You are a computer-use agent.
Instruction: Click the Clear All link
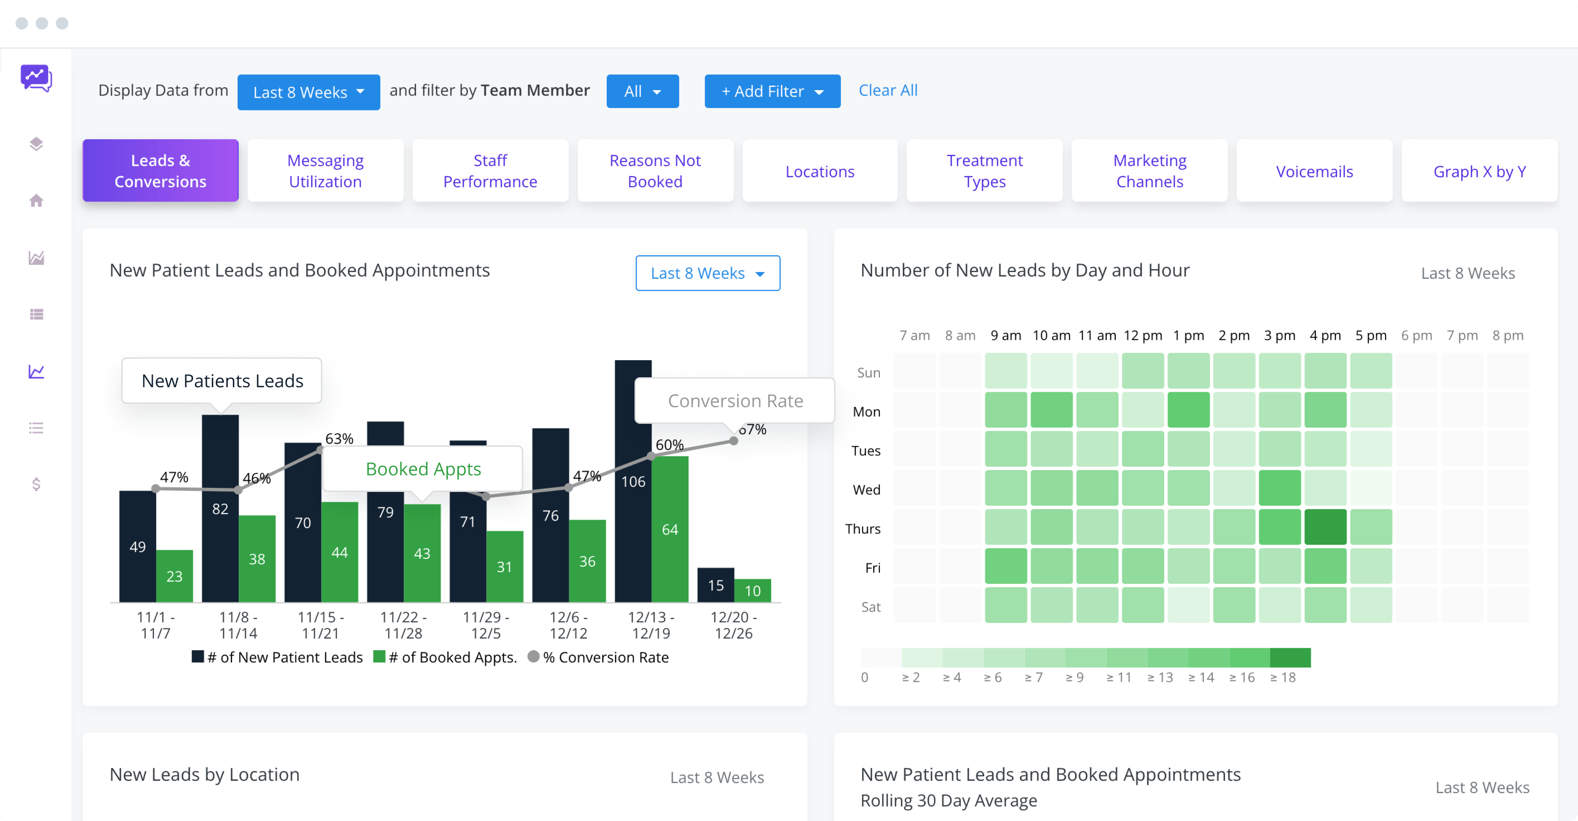[x=888, y=91]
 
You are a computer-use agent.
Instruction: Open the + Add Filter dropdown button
[x=772, y=91]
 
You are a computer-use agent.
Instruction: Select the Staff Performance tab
[x=490, y=171]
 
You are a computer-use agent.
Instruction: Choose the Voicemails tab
[x=1314, y=171]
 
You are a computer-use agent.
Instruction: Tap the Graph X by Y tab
[x=1479, y=171]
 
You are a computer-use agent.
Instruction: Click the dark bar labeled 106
[x=633, y=481]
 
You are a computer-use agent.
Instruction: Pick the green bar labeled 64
[x=669, y=529]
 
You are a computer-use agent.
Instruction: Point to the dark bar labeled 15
[x=715, y=585]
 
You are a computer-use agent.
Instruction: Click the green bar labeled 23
[x=174, y=576]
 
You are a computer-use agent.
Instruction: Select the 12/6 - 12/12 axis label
[x=568, y=625]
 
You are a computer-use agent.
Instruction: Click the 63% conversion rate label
[x=339, y=439]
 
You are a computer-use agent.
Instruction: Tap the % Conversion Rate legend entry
[x=598, y=657]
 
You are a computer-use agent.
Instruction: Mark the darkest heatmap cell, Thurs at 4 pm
[x=1325, y=527]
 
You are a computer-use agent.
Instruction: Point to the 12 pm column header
[x=1142, y=336]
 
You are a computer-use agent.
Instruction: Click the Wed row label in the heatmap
[x=866, y=489]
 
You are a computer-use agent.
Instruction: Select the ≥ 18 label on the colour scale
[x=1283, y=677]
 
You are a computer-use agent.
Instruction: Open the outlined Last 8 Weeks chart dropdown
[x=708, y=273]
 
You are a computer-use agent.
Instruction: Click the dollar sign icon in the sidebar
[x=36, y=484]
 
